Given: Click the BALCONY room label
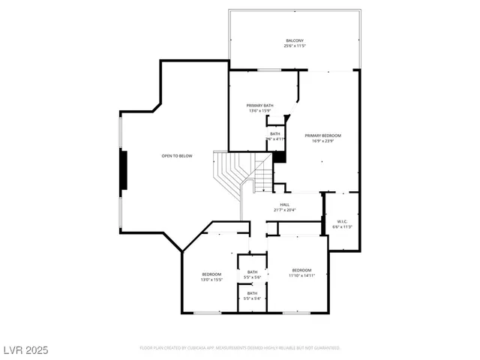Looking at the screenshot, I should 295,40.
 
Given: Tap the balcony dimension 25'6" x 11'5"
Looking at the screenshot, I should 295,46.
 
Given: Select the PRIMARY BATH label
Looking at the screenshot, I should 260,106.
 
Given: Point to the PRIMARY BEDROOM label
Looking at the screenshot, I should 323,136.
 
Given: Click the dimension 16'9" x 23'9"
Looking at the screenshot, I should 323,141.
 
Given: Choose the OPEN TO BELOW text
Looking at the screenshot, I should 177,156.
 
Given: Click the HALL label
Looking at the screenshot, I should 285,205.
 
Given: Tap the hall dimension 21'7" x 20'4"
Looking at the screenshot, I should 285,210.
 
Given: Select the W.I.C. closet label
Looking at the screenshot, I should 342,221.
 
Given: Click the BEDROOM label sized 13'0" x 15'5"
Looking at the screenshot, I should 211,274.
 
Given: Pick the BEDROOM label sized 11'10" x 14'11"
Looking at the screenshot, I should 301,270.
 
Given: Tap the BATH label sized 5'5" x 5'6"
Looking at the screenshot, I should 253,272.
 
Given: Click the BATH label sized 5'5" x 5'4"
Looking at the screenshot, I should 253,293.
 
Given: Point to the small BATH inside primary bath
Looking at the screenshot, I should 275,133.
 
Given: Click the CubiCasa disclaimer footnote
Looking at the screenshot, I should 240,348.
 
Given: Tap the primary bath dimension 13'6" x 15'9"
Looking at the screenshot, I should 260,111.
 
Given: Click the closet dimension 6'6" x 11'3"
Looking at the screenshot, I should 342,226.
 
